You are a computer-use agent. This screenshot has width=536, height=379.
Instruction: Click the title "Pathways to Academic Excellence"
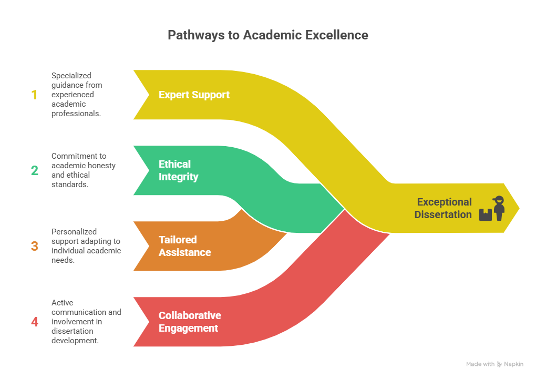(267, 35)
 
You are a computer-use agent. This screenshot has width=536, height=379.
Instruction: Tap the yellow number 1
(34, 95)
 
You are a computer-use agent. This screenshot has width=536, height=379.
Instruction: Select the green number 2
(35, 170)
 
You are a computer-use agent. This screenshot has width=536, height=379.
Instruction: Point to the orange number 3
(35, 246)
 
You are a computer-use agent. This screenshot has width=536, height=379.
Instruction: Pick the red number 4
(35, 322)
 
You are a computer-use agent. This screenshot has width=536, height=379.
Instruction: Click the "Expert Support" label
(194, 95)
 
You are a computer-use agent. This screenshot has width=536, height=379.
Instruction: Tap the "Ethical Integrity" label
(178, 170)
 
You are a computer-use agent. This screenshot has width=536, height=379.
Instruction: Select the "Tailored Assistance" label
(184, 246)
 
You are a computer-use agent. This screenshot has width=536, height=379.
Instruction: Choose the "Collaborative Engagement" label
(190, 322)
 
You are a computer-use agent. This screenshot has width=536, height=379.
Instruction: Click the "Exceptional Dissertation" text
(443, 208)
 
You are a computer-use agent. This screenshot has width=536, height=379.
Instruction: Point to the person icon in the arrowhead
(499, 208)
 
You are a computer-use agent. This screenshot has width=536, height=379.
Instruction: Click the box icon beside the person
(486, 215)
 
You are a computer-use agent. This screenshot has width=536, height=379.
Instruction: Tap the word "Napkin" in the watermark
(513, 364)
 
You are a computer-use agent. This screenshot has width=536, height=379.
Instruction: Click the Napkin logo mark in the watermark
(499, 364)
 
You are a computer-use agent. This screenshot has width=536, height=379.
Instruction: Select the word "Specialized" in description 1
(71, 76)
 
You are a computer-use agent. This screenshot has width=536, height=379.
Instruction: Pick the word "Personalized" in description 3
(74, 232)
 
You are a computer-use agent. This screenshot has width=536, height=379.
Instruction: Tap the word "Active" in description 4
(62, 303)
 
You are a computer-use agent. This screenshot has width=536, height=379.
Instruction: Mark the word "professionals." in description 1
(76, 114)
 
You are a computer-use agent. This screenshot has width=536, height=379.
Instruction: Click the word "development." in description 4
(75, 341)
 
